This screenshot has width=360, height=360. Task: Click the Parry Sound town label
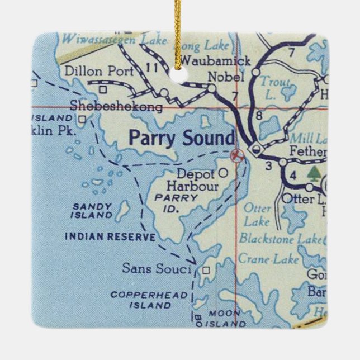pyautogui.click(x=182, y=138)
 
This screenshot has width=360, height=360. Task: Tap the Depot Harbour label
pyautogui.click(x=195, y=178)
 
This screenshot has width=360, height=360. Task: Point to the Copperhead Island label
pyautogui.click(x=141, y=300)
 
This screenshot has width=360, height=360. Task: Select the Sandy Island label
pyautogui.click(x=92, y=210)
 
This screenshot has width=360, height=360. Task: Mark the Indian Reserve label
pyautogui.click(x=110, y=236)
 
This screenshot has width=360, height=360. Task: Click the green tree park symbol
pyautogui.click(x=315, y=173)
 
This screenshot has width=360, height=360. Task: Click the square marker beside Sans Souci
pyautogui.click(x=206, y=270)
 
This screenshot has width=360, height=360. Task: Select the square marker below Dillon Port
pyautogui.click(x=103, y=89)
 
